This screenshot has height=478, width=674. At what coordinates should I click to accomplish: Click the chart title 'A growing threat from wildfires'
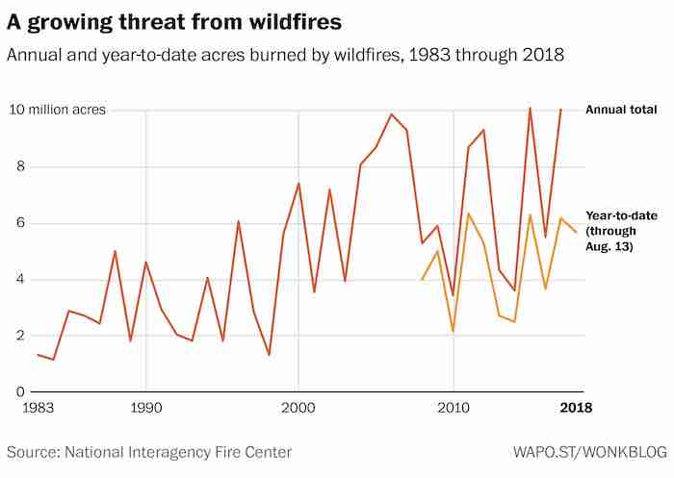[174, 19]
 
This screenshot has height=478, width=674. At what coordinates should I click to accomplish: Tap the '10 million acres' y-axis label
[57, 110]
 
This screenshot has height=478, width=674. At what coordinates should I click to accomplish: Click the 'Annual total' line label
[621, 111]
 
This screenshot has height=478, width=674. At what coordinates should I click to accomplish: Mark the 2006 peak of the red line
[391, 114]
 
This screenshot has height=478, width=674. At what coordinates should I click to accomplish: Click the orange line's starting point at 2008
[422, 280]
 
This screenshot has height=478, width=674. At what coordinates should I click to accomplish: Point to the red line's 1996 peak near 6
[238, 221]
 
